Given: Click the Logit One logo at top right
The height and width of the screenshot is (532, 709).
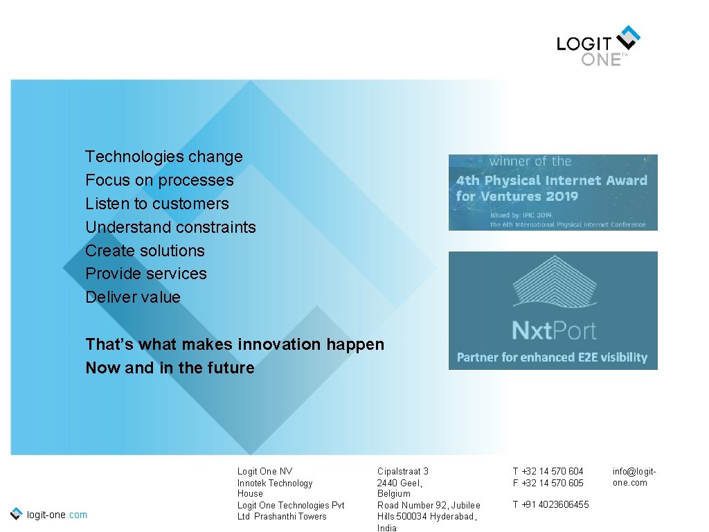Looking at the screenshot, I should tap(598, 46).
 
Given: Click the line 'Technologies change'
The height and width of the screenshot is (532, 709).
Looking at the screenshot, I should tap(164, 157).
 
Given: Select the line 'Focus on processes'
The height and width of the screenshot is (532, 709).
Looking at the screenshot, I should tap(159, 181).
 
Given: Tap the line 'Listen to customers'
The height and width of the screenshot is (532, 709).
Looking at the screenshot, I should tap(156, 204).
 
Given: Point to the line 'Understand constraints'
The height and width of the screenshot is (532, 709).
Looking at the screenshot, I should tap(170, 227).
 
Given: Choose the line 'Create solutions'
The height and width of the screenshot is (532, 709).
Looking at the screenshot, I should tap(145, 251).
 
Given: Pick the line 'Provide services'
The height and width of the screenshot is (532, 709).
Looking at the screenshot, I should tap(145, 274).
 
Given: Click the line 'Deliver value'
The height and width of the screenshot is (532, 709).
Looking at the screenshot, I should tap(132, 297).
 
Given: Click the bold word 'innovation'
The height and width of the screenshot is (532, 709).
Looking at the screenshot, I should tap(279, 344).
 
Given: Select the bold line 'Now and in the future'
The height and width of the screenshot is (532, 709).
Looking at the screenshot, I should tap(170, 368).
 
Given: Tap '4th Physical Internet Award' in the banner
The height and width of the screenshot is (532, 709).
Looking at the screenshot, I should tap(551, 181).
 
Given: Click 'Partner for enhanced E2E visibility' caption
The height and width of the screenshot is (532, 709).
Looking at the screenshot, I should tap(552, 357).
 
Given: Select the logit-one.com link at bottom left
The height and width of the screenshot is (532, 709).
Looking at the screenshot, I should tap(56, 515).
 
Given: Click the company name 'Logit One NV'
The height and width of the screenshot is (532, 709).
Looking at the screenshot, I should tap(265, 472).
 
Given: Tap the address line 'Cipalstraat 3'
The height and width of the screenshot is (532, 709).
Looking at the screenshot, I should tap(402, 472).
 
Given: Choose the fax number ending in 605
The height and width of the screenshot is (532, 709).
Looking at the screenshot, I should tap(548, 483).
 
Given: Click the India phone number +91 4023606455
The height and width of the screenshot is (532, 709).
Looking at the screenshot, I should tap(551, 504).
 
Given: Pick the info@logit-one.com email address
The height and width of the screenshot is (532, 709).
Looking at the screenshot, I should tap(634, 477).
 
